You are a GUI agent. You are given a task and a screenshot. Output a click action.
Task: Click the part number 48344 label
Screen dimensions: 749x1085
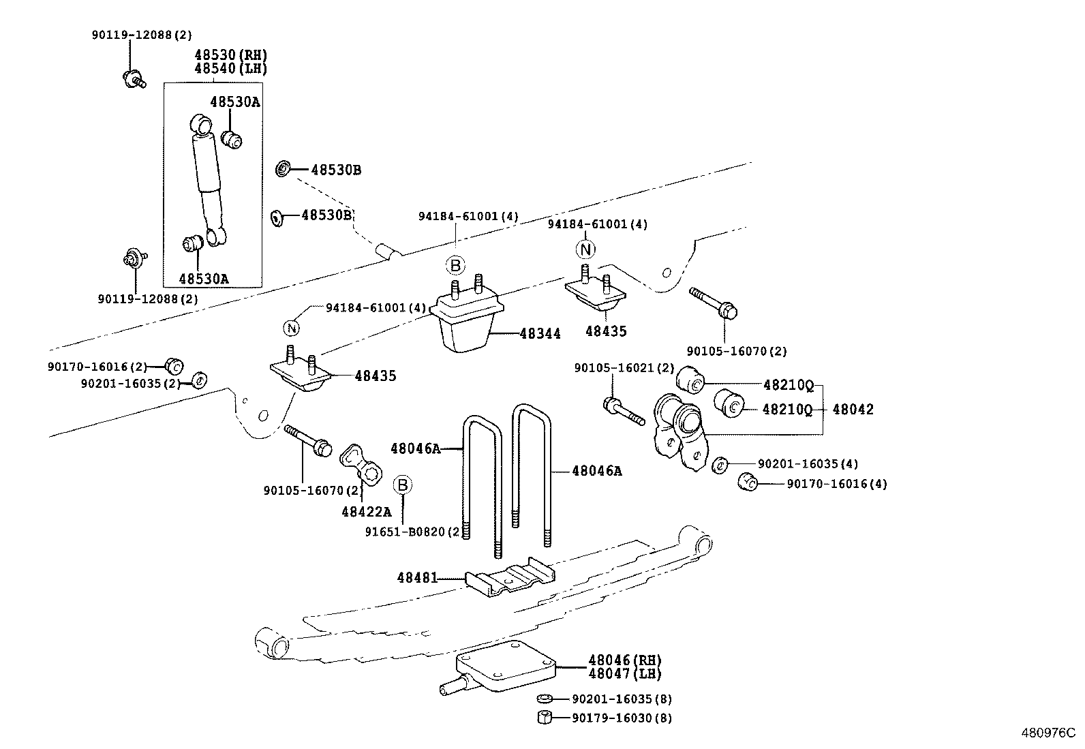pos(540,333)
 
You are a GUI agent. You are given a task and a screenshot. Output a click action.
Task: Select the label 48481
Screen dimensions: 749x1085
pos(417,577)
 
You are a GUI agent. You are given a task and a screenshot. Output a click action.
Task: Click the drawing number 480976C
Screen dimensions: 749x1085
pos(1047,733)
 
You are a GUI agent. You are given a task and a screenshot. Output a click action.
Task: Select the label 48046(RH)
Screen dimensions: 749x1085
pos(624,660)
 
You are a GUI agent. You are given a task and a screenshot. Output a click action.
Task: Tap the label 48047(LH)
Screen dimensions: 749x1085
pos(624,673)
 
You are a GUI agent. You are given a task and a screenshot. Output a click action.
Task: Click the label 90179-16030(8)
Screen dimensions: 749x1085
pos(622,718)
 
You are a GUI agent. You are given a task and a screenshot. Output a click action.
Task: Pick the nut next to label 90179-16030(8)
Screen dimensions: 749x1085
pos(544,716)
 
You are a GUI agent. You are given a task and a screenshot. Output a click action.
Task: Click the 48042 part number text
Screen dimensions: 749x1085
pos(853,410)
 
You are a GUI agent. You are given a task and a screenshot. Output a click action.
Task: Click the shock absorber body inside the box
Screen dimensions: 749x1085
pos(209,177)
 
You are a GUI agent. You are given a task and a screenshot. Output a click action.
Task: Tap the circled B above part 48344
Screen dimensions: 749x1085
pos(455,265)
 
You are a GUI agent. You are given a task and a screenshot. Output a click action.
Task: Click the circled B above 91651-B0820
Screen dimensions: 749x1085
pos(403,485)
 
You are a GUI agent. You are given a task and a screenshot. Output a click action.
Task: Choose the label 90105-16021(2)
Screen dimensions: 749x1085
pos(624,368)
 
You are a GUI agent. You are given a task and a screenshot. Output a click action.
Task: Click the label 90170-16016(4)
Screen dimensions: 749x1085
pos(836,484)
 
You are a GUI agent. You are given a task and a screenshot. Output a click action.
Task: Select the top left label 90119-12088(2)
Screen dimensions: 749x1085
pos(142,34)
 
